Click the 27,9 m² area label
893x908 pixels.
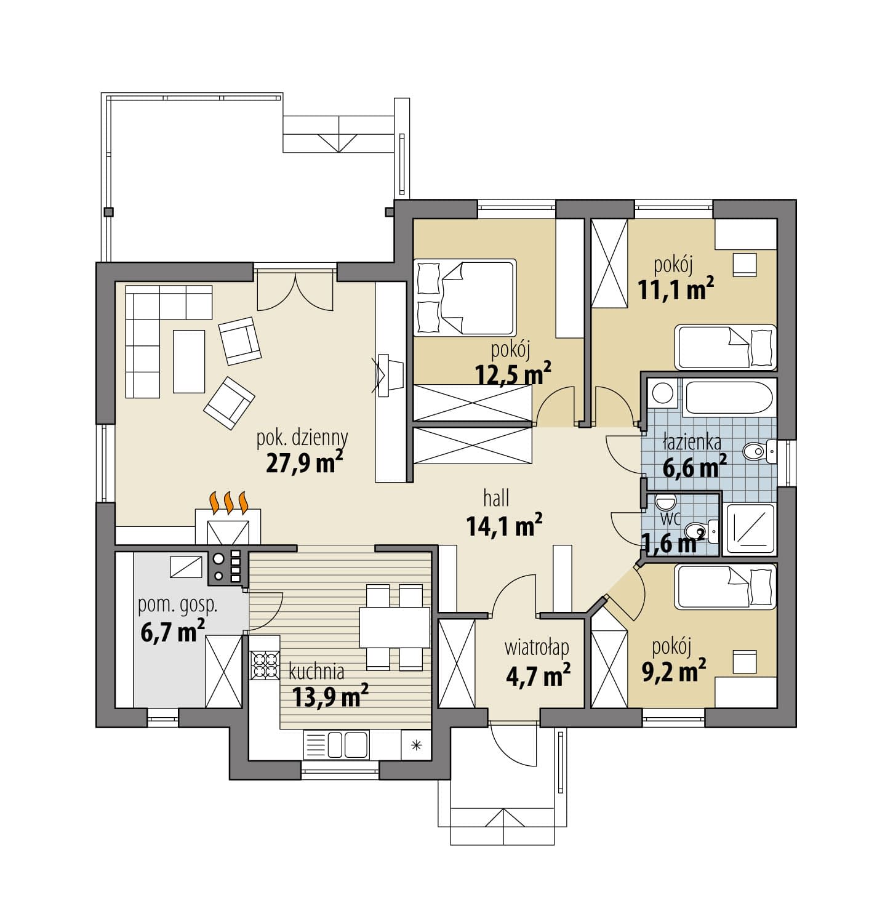pos(304,462)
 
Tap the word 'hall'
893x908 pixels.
pos(497,498)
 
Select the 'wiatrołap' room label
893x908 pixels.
pos(537,648)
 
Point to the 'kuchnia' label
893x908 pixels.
pos(316,670)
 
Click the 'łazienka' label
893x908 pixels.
pos(692,443)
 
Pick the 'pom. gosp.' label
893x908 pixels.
pos(178,606)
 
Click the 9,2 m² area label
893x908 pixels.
pos(674,670)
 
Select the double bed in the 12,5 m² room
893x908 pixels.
pos(465,298)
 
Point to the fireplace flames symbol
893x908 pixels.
pos(228,502)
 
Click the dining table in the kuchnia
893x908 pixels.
pos(394,627)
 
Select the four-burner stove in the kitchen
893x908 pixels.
pos(265,664)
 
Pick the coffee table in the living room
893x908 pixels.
pos(189,361)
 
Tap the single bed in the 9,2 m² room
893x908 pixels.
pos(726,587)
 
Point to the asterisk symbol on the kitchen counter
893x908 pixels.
pos(416,745)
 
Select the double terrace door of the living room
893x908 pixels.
pos(296,292)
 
